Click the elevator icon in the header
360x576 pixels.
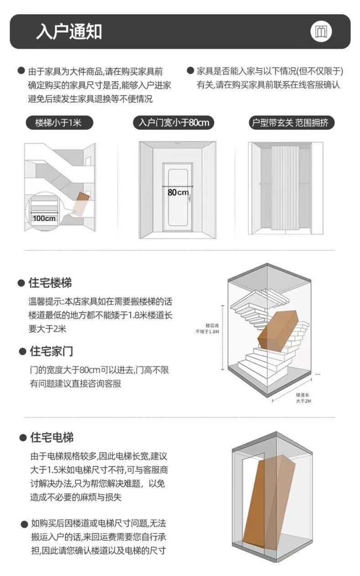point(321,31)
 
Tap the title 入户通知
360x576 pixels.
point(69,31)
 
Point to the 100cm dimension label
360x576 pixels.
point(44,218)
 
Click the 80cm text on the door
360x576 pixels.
point(178,192)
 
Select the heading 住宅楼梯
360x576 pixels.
point(51,283)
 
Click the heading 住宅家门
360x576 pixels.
point(51,351)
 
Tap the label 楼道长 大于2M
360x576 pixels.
point(303,398)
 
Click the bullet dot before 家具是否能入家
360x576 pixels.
point(191,71)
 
